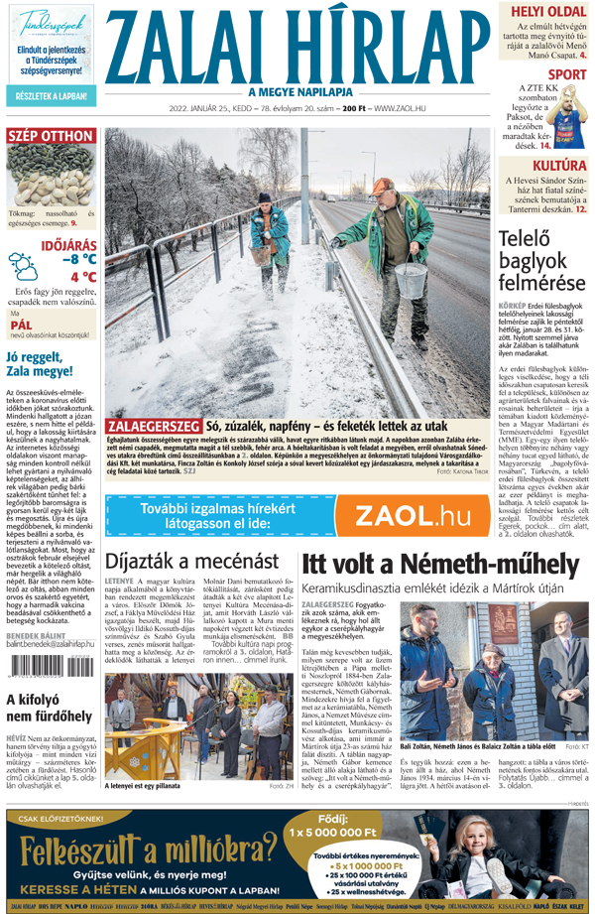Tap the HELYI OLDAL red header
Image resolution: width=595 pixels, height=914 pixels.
click(x=539, y=12)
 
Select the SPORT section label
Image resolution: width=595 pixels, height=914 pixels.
click(x=566, y=74)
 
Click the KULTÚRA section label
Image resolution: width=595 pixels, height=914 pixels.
click(x=558, y=165)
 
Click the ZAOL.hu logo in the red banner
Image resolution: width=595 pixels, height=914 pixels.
click(x=413, y=515)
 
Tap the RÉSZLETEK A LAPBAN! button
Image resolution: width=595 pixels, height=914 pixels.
click(x=50, y=96)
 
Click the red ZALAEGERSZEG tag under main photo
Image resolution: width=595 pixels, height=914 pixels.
click(x=153, y=426)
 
